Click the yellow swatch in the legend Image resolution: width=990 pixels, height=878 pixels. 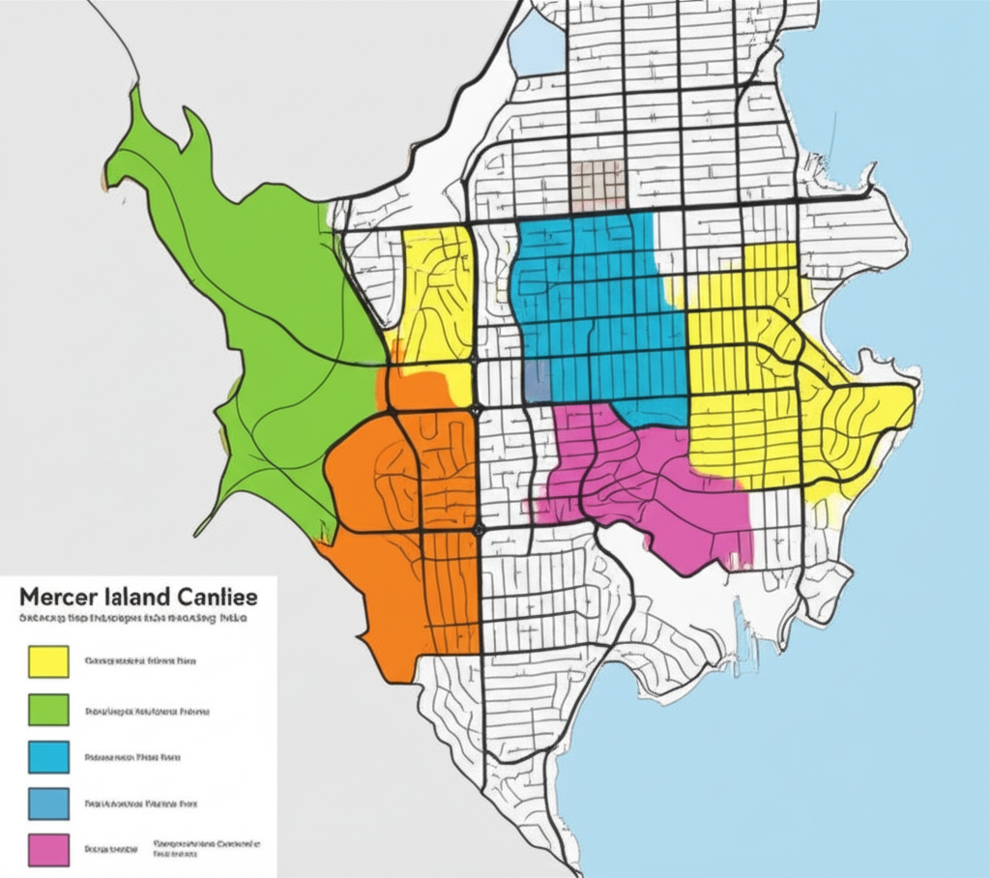44,662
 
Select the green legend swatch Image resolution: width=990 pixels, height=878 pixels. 44,710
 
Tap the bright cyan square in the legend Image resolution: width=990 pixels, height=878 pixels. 44,757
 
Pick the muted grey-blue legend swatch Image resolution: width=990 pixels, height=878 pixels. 44,804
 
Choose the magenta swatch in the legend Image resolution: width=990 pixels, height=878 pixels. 44,850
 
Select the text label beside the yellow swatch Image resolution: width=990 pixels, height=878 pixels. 140,662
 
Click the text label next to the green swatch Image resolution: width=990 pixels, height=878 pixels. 147,711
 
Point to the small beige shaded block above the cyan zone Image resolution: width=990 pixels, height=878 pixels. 597,184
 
